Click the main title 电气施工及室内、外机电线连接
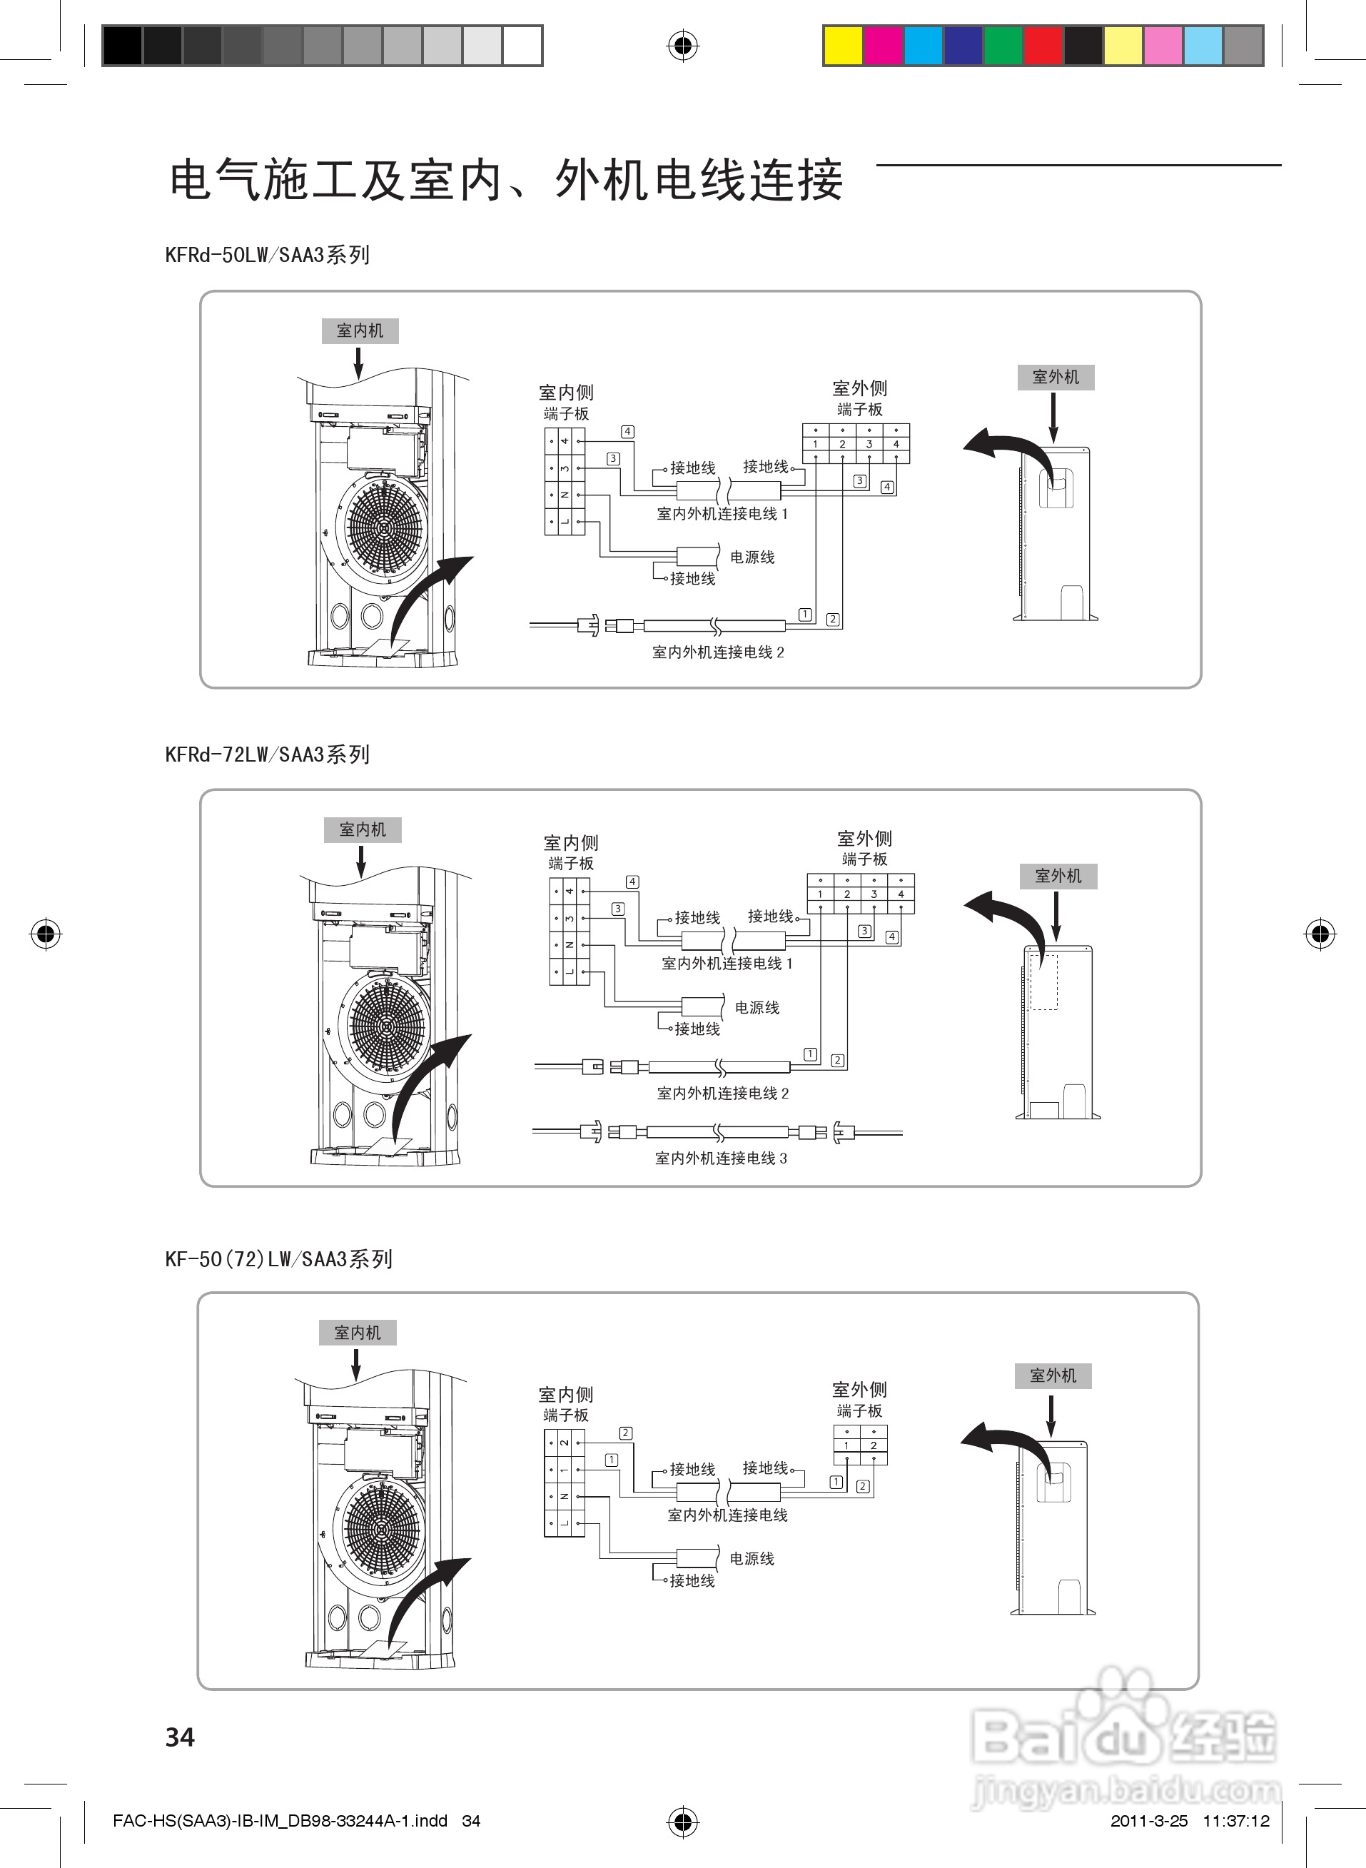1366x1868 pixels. tap(506, 181)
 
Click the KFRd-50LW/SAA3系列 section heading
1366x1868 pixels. tap(267, 255)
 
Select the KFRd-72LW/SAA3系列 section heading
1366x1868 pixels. tap(267, 754)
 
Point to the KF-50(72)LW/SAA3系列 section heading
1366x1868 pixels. tap(278, 1259)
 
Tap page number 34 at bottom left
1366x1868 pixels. tap(181, 1737)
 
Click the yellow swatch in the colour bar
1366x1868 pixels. tap(844, 46)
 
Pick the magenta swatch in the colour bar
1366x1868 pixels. tap(883, 46)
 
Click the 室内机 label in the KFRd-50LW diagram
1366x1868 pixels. tap(360, 330)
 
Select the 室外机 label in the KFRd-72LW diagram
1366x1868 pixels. tap(1058, 876)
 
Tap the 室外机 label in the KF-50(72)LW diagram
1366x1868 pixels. tap(1053, 1376)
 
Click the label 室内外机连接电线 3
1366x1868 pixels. tap(721, 1158)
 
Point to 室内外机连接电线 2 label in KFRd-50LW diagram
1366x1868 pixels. tap(718, 652)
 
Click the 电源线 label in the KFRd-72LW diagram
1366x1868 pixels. tap(757, 1007)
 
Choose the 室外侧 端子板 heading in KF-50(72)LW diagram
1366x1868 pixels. tap(860, 1399)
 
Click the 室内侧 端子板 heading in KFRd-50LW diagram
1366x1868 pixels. tap(567, 402)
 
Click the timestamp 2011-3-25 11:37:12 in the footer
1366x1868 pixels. tap(1189, 1820)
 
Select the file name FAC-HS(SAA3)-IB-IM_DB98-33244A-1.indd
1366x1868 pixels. tap(280, 1820)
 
